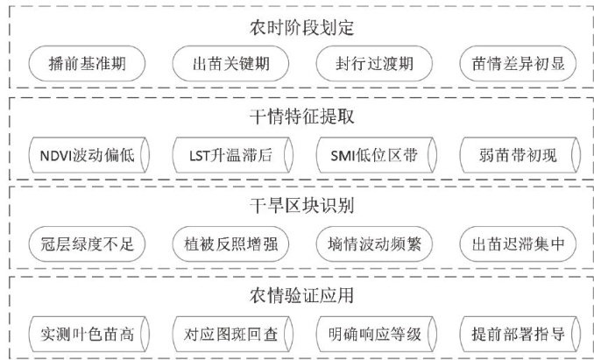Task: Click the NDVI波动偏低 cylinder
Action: coord(86,153)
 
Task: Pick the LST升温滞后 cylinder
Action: coord(230,153)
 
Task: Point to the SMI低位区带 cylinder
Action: coord(373,153)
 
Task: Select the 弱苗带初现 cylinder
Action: coord(517,153)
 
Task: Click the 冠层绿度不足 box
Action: coord(86,244)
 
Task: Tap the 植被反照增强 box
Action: coord(230,244)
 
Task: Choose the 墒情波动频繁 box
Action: coord(373,244)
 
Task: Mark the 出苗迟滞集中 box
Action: coord(517,244)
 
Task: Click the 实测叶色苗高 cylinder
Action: coord(86,334)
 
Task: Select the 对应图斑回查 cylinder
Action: coord(230,334)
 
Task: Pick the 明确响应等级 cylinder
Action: coord(373,334)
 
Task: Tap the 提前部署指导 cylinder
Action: coord(517,334)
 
